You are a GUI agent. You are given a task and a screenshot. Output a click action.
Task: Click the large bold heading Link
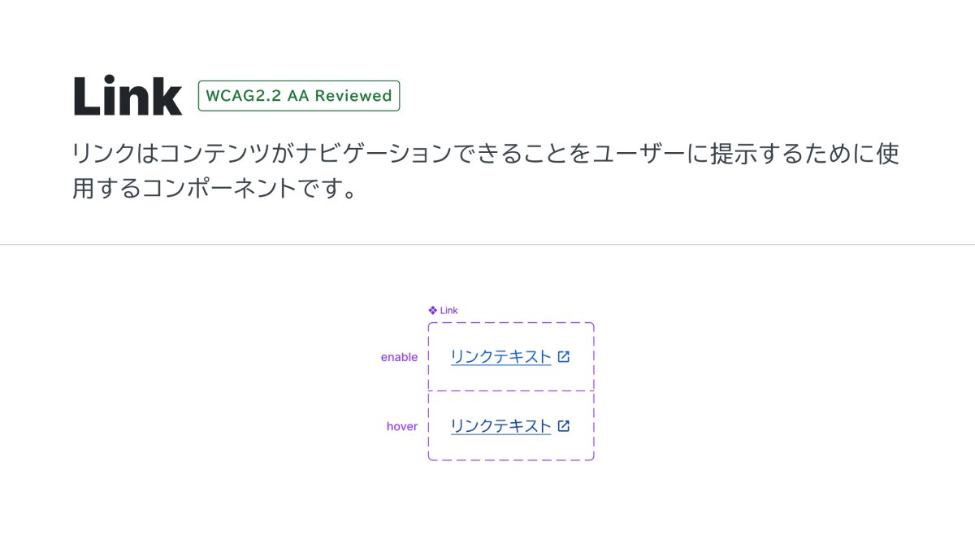pyautogui.click(x=128, y=96)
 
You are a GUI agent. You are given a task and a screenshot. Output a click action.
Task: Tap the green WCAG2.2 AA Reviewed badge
pyautogui.click(x=299, y=96)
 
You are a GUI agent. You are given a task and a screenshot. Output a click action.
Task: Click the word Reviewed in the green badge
pyautogui.click(x=353, y=96)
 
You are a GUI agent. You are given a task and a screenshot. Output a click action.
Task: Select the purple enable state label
pyautogui.click(x=399, y=357)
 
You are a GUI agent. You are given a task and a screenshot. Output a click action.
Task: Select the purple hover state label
pyautogui.click(x=401, y=426)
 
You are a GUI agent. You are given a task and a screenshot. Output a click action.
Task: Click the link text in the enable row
pyautogui.click(x=500, y=357)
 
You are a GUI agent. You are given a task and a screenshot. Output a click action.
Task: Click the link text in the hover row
pyautogui.click(x=500, y=426)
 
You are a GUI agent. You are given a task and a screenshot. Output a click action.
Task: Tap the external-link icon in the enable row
pyautogui.click(x=564, y=356)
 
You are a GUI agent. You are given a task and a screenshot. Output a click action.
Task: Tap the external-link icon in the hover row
pyautogui.click(x=564, y=425)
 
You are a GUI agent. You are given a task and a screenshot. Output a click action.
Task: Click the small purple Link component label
pyautogui.click(x=448, y=311)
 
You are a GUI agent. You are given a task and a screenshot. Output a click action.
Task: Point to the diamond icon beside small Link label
pyautogui.click(x=432, y=311)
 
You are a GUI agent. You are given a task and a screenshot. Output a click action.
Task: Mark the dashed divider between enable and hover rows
pyautogui.click(x=511, y=391)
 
